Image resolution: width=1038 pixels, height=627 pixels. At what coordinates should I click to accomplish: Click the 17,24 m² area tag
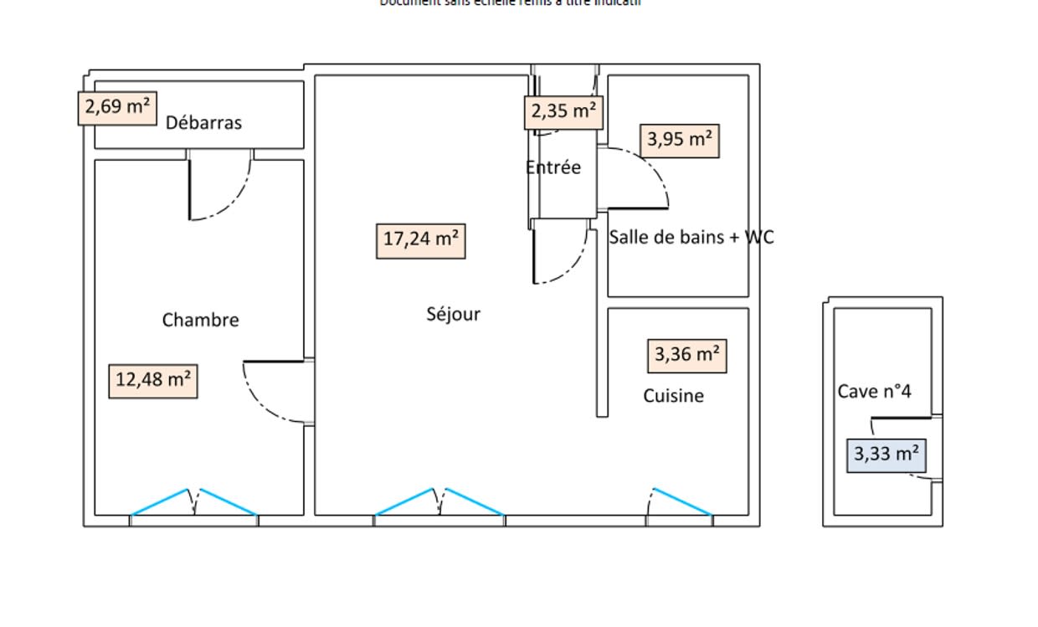(420, 240)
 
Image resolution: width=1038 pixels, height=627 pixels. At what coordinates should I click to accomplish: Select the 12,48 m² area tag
(153, 381)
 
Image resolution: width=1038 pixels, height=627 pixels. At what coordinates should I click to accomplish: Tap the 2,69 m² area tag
(117, 108)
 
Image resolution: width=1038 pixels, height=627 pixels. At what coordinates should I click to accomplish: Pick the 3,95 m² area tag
(679, 140)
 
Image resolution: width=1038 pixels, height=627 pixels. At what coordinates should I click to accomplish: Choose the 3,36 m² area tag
(686, 356)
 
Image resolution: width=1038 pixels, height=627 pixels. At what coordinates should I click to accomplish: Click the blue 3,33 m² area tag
(886, 455)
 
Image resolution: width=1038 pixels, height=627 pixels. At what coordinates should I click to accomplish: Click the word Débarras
(203, 123)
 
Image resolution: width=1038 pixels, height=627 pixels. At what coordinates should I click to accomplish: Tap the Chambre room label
(200, 320)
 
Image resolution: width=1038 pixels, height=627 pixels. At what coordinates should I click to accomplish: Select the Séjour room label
(453, 315)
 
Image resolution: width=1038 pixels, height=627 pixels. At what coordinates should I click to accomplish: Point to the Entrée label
(552, 167)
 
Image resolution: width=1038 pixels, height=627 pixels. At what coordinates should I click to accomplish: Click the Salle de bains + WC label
(691, 238)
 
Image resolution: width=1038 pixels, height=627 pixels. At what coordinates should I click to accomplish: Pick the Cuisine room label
(673, 396)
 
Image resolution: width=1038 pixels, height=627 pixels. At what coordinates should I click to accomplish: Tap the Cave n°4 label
(874, 392)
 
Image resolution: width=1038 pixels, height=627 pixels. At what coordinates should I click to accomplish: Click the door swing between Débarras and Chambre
(219, 188)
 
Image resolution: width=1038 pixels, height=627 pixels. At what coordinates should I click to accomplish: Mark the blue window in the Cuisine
(680, 501)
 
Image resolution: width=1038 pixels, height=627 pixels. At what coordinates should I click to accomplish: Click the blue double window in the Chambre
(194, 501)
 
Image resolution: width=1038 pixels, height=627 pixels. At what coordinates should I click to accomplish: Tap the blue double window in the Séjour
(439, 501)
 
